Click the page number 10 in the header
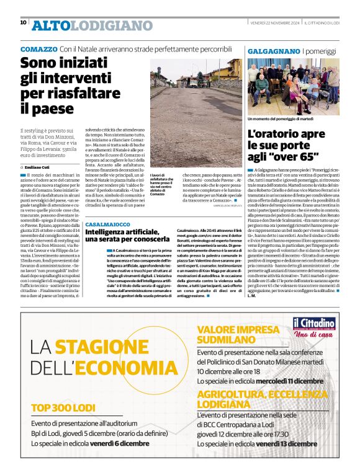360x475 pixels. click(23, 22)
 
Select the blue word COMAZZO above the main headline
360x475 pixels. click(38, 48)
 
